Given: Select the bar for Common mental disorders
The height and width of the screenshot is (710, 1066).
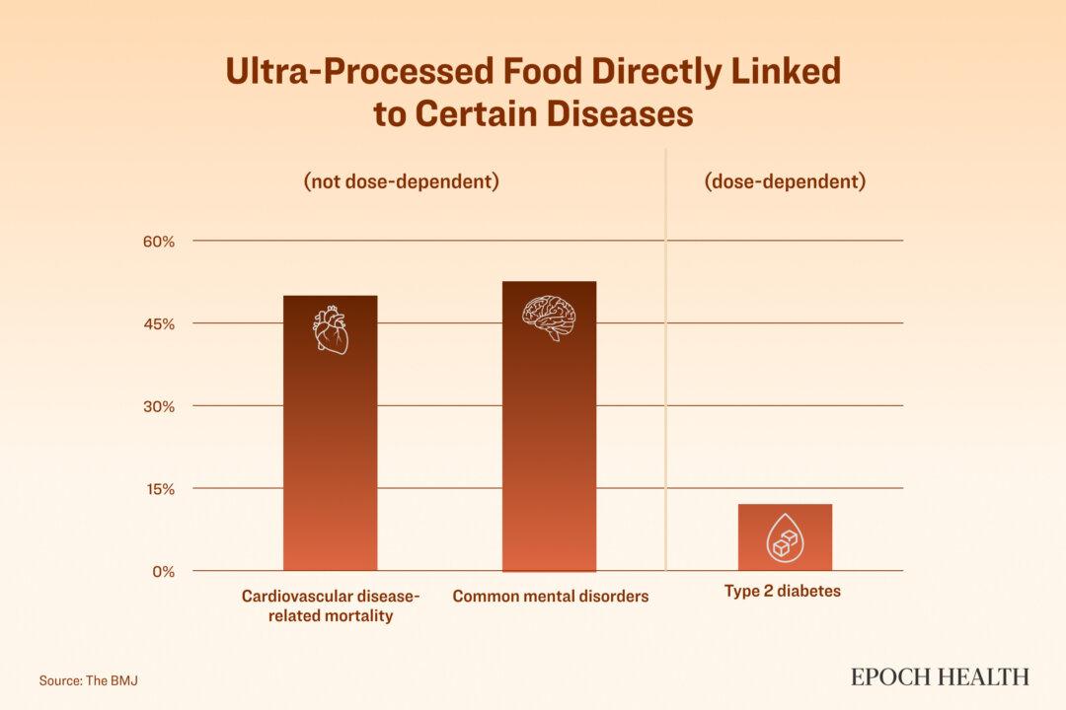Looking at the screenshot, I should coord(549,444).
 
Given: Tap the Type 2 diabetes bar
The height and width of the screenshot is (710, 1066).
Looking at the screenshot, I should coord(785,537).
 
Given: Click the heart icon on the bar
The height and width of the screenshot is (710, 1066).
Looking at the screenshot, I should coord(331,329).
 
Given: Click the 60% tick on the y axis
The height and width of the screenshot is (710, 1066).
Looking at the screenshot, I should coord(159,242).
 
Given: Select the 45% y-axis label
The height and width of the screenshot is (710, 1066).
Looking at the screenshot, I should coord(159,324).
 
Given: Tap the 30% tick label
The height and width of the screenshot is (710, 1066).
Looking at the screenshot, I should coord(159,406).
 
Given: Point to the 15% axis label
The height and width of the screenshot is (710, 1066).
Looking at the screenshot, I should coord(159,489).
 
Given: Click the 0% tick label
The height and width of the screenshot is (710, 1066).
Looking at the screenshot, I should coord(163,572).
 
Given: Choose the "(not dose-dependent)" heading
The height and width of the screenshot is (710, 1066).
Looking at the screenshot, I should coord(401,182).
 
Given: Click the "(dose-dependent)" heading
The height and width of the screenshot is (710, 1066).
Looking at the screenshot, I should coord(785,182).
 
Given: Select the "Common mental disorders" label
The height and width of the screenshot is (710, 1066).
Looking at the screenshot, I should coord(551,597).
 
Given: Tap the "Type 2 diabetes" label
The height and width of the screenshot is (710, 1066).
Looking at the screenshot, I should coord(783,592).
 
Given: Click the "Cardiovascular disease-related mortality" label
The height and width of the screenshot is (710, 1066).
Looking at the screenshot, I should coord(331,606).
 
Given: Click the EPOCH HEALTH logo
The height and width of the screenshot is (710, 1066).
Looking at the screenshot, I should coord(940,676).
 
